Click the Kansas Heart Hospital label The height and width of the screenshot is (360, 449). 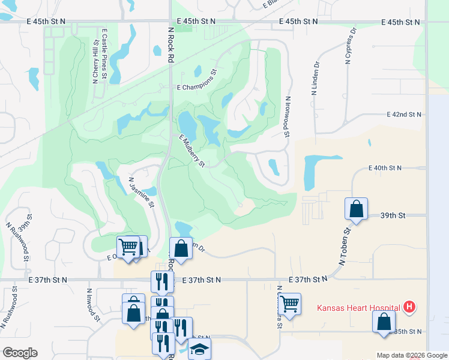tap(359, 308)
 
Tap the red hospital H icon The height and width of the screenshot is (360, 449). tap(409, 307)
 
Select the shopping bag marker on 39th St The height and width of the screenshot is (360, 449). tap(356, 209)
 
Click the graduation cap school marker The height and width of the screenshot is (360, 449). tap(199, 349)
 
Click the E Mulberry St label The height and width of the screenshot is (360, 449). tap(193, 151)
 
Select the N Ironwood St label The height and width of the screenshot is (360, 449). tap(288, 117)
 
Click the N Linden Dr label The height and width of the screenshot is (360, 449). tap(314, 79)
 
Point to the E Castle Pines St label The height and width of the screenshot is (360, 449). tap(105, 54)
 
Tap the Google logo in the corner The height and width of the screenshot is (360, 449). tap(19, 353)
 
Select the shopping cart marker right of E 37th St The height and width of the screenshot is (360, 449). tap(290, 304)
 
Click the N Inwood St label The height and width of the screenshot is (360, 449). tap(91, 308)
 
